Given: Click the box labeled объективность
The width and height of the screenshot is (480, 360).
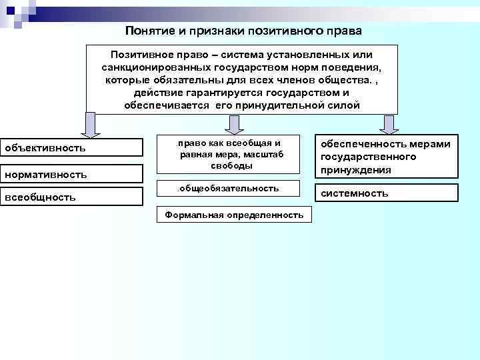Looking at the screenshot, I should [x=71, y=147].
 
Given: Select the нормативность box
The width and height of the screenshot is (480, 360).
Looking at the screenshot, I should [x=71, y=173].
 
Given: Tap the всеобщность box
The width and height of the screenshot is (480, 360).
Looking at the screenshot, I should [x=71, y=197].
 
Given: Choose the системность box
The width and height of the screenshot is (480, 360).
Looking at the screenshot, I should [x=386, y=193].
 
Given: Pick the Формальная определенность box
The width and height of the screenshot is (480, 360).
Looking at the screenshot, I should [x=234, y=215].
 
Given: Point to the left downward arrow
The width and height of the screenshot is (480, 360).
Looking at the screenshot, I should [x=90, y=123].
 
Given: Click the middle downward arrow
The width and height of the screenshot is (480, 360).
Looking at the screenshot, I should [x=233, y=123].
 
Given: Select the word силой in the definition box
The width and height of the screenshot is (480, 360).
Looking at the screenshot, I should [x=346, y=105].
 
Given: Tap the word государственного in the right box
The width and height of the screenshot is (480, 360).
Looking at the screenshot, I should [x=369, y=157].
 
